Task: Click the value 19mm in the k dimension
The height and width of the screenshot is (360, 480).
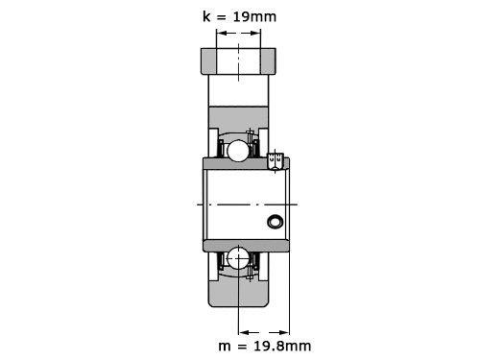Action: click(254, 16)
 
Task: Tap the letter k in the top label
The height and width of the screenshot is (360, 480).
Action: click(206, 16)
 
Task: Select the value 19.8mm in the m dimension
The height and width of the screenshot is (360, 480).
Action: click(282, 346)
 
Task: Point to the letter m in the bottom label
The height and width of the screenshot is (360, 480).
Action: click(225, 347)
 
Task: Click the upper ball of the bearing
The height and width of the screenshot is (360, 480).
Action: click(238, 151)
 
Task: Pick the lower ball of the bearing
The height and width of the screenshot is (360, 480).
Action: click(238, 258)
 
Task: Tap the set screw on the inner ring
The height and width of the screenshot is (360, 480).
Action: click(276, 160)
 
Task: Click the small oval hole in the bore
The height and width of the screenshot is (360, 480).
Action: click(276, 222)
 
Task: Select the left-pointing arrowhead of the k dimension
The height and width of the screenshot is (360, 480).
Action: click(222, 33)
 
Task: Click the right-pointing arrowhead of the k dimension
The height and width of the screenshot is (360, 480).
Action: click(255, 33)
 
